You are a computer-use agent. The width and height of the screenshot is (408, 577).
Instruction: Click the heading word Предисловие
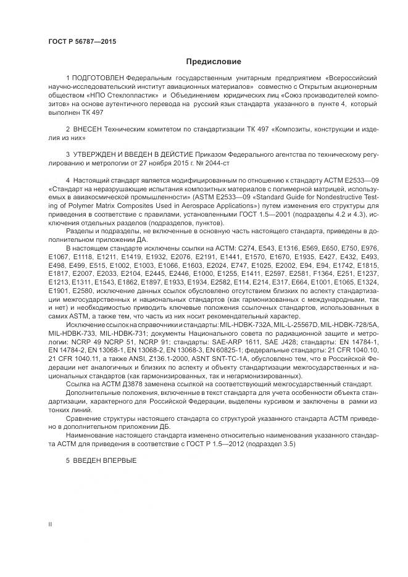(214, 62)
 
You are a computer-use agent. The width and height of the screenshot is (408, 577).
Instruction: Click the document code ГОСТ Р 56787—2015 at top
(82, 41)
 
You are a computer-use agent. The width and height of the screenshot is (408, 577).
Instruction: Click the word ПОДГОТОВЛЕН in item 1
(98, 80)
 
